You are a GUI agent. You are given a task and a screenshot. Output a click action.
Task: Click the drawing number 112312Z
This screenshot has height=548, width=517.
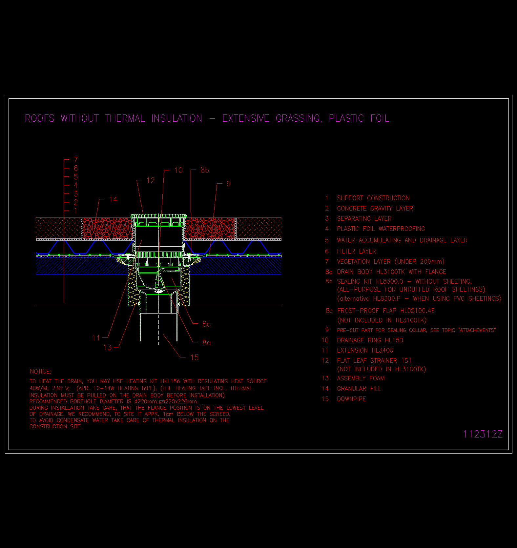pyautogui.click(x=483, y=434)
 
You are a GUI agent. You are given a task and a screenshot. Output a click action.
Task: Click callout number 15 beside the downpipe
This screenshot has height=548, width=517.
pyautogui.click(x=194, y=357)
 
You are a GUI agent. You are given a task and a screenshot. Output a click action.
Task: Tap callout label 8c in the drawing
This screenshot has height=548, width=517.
pyautogui.click(x=206, y=324)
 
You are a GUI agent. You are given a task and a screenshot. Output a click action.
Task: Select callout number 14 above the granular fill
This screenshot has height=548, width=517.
pyautogui.click(x=113, y=199)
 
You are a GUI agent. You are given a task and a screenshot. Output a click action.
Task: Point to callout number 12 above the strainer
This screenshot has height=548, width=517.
pyautogui.click(x=151, y=180)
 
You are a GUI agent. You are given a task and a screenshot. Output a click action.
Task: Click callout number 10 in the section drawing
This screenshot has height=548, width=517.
pyautogui.click(x=178, y=170)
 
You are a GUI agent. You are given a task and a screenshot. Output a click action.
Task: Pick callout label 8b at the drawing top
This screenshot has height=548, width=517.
pyautogui.click(x=205, y=170)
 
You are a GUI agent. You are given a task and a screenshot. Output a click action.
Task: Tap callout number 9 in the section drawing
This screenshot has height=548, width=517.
pyautogui.click(x=229, y=184)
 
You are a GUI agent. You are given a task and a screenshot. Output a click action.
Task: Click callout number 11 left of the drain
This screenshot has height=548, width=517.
pyautogui.click(x=96, y=338)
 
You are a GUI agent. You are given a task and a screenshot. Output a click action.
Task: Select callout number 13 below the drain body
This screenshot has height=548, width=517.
pyautogui.click(x=108, y=348)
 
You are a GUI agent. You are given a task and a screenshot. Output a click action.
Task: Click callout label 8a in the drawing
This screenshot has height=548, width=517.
pyautogui.click(x=207, y=343)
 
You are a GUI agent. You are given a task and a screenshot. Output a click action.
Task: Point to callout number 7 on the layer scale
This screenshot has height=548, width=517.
pyautogui.click(x=76, y=160)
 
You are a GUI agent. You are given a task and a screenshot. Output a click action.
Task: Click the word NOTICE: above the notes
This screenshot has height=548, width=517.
pyautogui.click(x=41, y=372)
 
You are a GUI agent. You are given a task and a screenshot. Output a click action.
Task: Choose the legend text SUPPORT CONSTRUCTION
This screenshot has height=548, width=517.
pyautogui.click(x=373, y=198)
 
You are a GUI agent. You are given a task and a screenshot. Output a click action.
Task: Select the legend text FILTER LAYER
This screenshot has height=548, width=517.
pyautogui.click(x=357, y=252)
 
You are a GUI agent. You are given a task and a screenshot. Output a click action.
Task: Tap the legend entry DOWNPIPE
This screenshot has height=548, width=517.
pyautogui.click(x=352, y=399)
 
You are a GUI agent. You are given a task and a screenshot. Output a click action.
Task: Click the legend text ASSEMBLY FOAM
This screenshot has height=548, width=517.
pyautogui.click(x=361, y=378)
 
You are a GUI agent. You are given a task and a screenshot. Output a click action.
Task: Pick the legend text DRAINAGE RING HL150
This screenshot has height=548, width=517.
pyautogui.click(x=370, y=340)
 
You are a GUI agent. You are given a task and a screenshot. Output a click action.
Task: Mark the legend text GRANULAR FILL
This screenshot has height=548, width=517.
pyautogui.click(x=359, y=389)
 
